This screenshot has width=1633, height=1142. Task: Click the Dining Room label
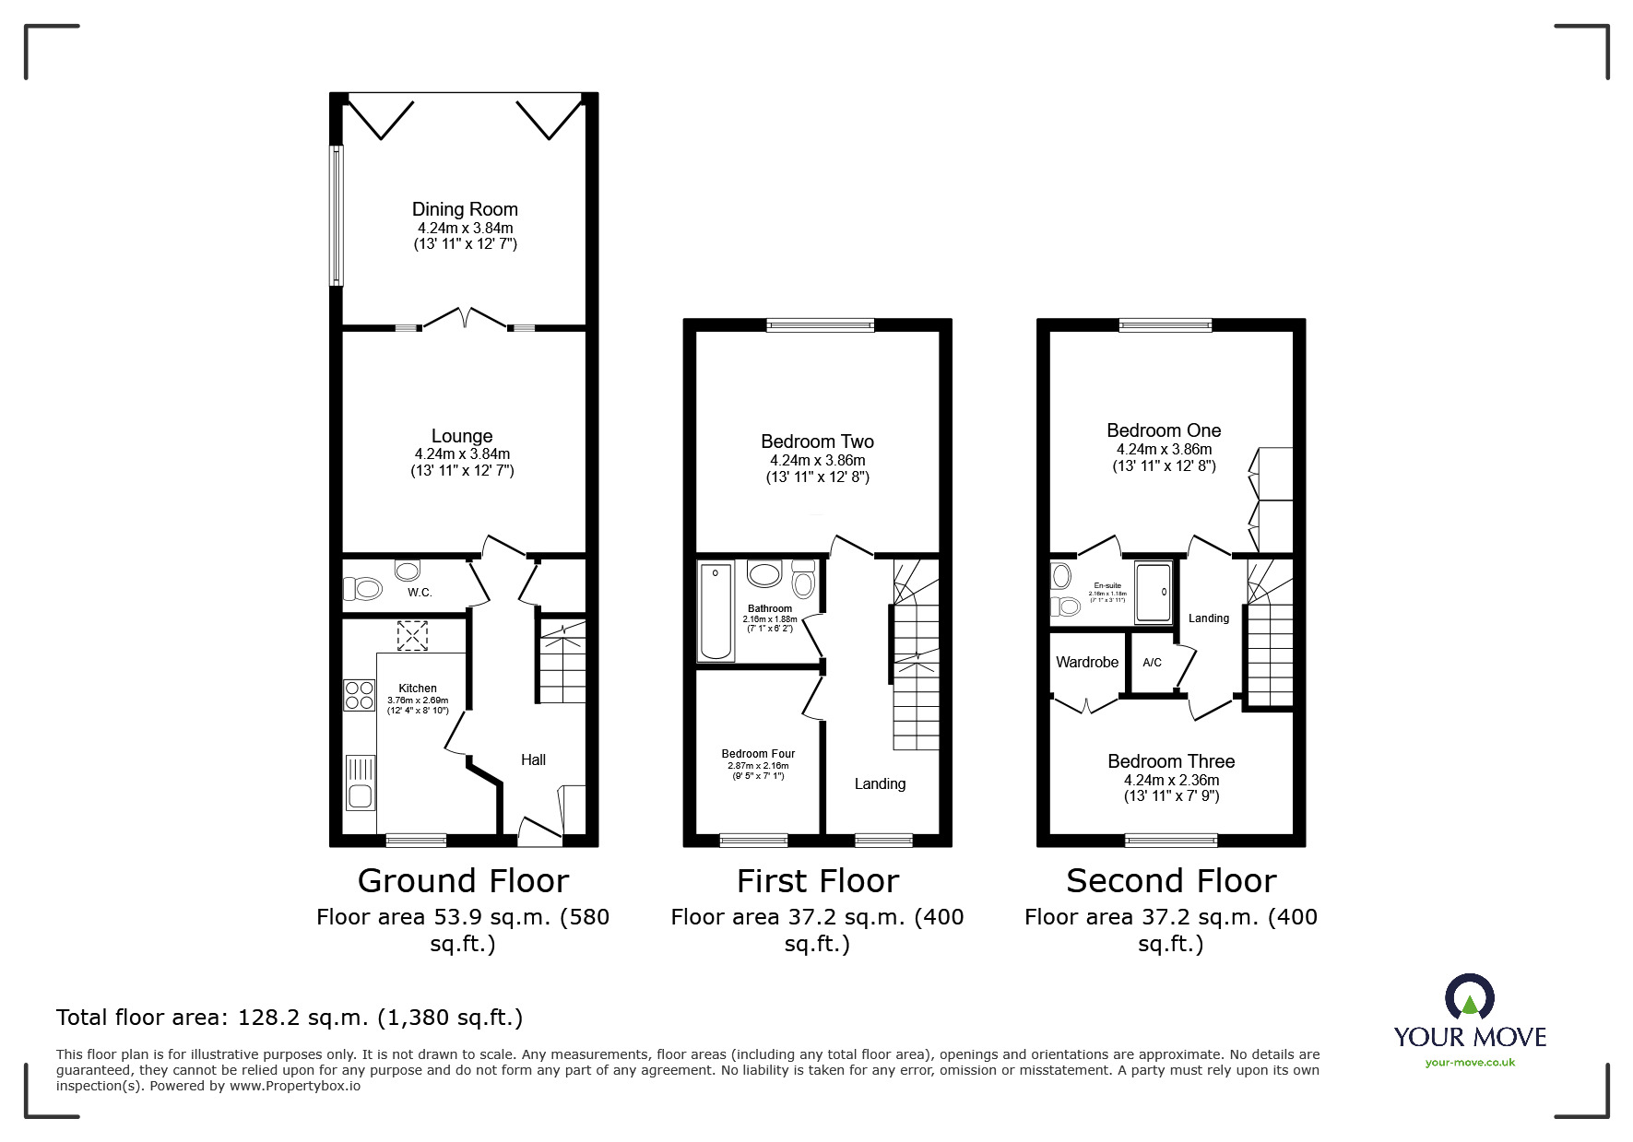pos(465,209)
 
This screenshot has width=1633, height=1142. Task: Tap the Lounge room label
pos(462,436)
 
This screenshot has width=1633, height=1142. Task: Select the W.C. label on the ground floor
pos(420,593)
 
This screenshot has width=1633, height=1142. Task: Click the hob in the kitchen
pos(359,694)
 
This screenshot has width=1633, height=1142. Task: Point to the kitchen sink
pos(360,782)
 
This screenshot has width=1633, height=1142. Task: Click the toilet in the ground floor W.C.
pos(362,588)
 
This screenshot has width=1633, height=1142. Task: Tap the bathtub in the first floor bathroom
pos(716,612)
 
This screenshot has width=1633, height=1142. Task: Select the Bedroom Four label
pos(758,754)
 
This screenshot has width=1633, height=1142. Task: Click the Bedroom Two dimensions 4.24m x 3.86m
pos(818,460)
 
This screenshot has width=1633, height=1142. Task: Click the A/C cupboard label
pos(1152,663)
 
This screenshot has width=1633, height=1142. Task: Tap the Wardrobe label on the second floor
pos(1087,662)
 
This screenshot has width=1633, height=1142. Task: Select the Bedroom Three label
pos(1171,761)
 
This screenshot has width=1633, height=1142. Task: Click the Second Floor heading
pos(1171,881)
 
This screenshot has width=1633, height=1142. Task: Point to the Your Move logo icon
pos(1470,997)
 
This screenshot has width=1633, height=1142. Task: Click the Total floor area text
pos(290,1018)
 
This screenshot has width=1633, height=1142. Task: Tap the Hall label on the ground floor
pos(533,759)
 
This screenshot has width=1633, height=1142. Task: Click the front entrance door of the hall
pos(538,832)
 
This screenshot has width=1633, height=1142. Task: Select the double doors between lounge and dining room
pos(465,319)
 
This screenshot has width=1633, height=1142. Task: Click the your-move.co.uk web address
pos(1470,1062)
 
